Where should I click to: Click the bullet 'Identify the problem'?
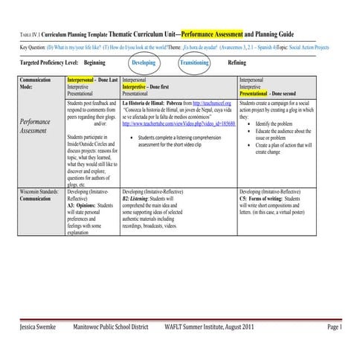pos(280,123)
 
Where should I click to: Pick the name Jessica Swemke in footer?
pos(43,327)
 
